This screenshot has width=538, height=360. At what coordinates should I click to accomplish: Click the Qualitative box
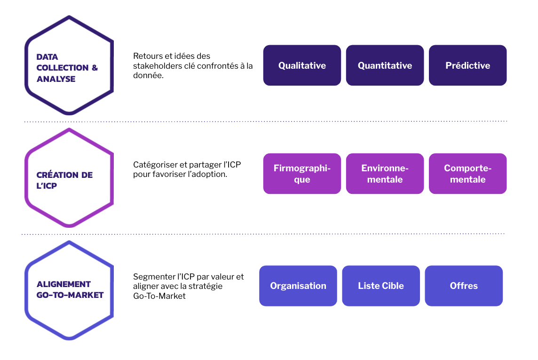pos(302,65)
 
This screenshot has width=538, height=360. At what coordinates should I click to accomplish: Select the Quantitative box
pos(385,65)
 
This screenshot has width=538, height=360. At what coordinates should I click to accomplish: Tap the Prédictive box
pos(467,65)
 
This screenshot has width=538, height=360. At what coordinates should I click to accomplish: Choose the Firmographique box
pos(302,174)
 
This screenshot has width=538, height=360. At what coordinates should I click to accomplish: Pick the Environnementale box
pos(385,174)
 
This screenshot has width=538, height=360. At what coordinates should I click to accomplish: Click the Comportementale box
pos(467,174)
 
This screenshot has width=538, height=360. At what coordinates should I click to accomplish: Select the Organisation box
pos(298,286)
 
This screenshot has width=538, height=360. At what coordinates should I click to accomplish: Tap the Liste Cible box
pos(381,286)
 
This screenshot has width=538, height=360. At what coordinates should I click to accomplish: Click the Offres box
pos(464,286)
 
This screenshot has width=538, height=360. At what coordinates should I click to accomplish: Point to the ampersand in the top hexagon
pos(95,68)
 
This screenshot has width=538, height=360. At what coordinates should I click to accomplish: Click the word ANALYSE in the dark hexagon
pos(56,79)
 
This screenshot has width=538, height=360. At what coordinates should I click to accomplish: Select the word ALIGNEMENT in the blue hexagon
pos(63,284)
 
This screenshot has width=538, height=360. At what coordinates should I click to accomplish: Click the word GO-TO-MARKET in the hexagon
pos(70,295)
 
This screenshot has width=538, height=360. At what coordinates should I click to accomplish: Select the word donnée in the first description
pos(147,75)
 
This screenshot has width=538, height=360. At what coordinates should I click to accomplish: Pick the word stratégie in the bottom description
pos(207,286)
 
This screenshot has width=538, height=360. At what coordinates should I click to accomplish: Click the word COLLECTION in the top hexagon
pos(63,68)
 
